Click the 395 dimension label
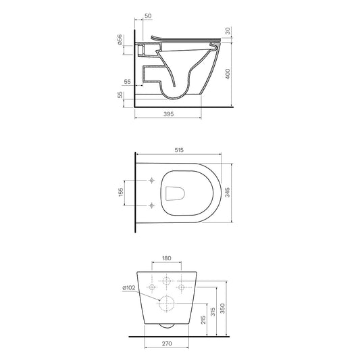168,114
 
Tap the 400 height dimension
228,74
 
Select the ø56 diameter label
120,40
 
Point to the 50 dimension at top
148,16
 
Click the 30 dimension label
228,30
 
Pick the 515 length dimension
179,150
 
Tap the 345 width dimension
228,192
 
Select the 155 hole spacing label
121,192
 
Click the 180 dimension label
166,258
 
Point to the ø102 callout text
129,288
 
